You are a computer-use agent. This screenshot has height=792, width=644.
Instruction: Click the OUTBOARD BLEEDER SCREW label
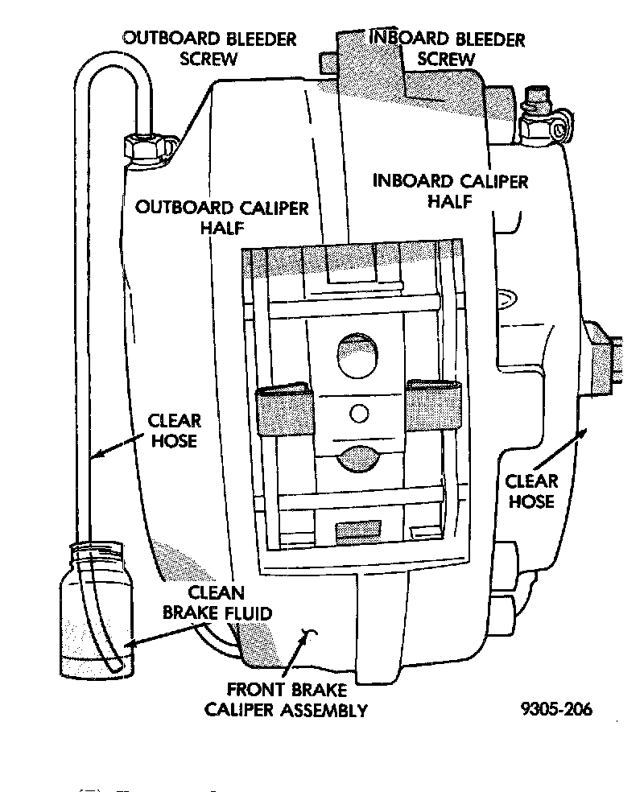tap(209, 48)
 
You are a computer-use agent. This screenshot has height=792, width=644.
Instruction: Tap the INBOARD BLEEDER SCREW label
tap(445, 48)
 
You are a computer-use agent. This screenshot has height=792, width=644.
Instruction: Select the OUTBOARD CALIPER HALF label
tap(222, 217)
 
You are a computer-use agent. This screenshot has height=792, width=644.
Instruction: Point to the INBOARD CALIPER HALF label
tap(450, 190)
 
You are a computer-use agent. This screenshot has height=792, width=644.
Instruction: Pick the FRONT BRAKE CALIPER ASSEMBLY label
tap(287, 699)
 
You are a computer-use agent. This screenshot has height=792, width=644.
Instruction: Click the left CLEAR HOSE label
tap(174, 430)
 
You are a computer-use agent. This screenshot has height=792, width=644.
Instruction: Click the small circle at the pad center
tap(359, 413)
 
